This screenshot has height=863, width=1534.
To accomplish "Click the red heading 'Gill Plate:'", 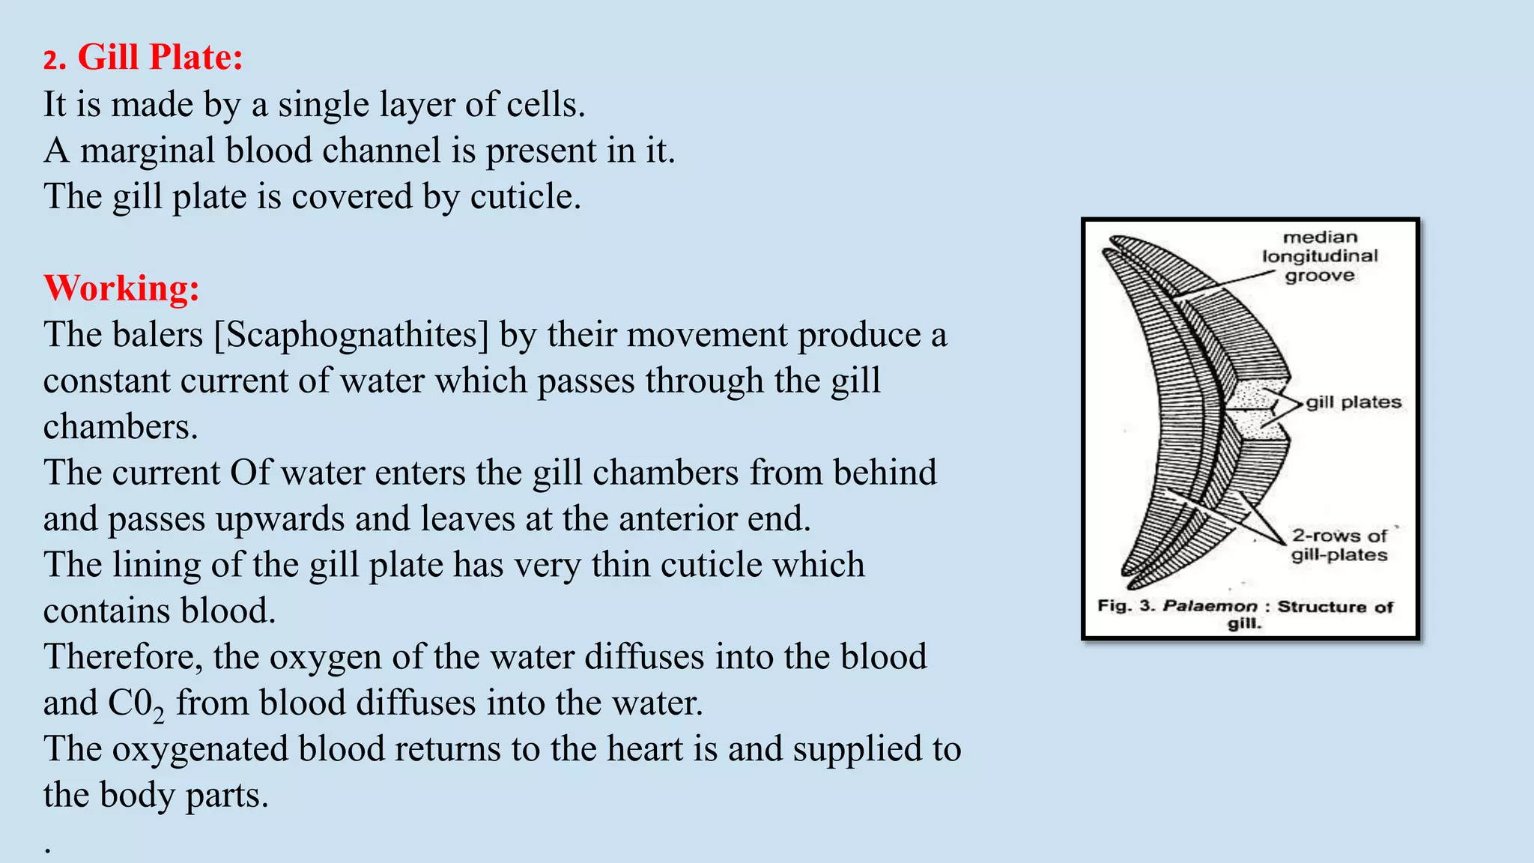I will tap(160, 58).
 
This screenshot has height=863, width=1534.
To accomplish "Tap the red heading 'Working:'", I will tap(121, 288).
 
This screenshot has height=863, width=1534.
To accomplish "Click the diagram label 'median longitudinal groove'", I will tap(1320, 256).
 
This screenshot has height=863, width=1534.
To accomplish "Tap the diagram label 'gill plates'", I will tap(1353, 402).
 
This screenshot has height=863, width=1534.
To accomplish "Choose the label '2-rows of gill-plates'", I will tap(1339, 545).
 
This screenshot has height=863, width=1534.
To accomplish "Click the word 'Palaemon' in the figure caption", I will tap(1210, 606).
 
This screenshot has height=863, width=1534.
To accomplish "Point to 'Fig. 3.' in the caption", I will tap(1127, 606).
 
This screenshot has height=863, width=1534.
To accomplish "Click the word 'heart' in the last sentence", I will tap(644, 749).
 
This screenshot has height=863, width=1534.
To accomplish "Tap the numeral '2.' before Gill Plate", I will tap(54, 60).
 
